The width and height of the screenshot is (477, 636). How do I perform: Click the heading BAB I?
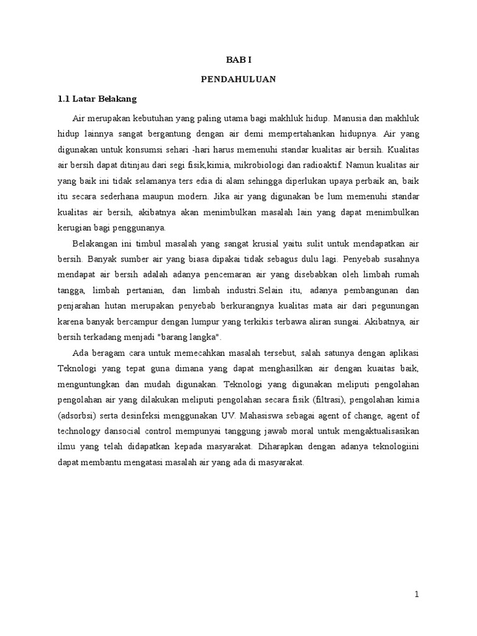(x=238, y=60)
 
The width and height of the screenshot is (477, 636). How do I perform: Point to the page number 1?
(x=417, y=594)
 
